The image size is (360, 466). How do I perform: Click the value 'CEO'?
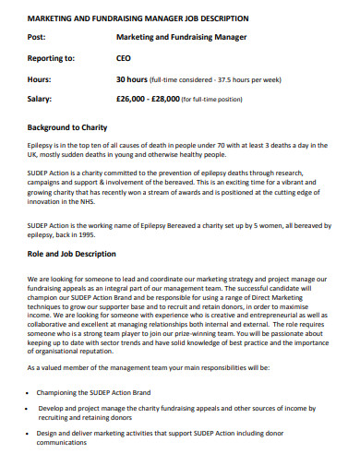(124, 58)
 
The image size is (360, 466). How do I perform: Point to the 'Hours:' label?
(41, 78)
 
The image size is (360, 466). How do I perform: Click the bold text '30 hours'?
(133, 78)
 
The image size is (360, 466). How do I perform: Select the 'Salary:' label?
(41, 98)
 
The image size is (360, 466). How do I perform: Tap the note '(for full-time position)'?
(216, 99)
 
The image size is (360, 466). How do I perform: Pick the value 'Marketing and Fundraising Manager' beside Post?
(182, 38)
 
